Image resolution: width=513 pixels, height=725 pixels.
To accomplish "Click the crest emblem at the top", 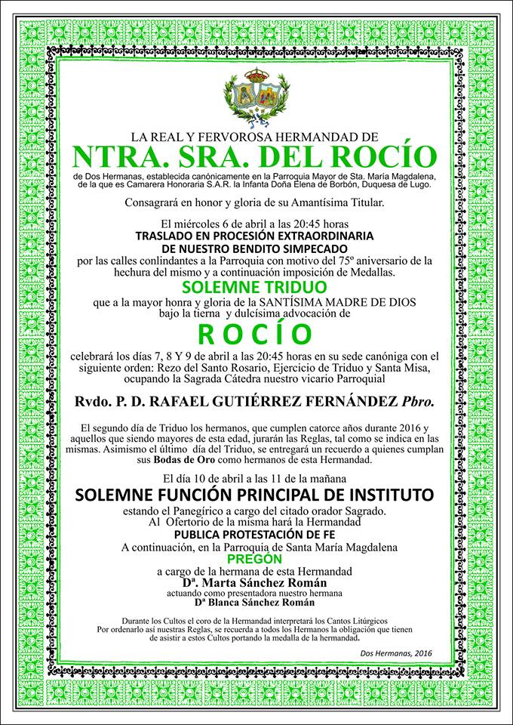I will click(256, 97).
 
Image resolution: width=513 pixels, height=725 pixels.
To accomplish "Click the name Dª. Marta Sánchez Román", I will click(256, 584).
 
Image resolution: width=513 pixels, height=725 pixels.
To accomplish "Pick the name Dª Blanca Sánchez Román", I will click(256, 603).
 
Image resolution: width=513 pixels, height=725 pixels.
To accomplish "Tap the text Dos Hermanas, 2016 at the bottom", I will click(396, 653).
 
